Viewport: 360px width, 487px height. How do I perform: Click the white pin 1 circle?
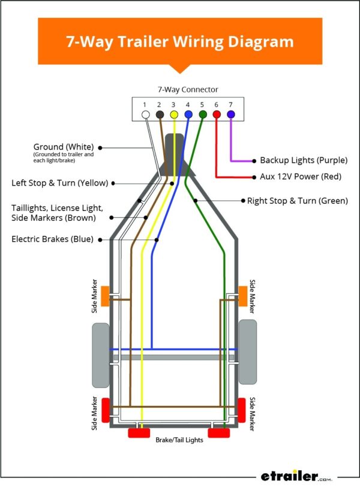145,114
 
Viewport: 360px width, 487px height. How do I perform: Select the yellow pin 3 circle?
173,114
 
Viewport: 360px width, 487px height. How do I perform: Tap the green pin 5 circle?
202,114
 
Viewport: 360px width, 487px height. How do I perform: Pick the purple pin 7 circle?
231,114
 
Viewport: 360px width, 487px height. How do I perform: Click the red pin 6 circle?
217,114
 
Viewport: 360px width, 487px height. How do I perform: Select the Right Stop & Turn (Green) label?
298,201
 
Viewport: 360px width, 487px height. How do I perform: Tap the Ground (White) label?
65,147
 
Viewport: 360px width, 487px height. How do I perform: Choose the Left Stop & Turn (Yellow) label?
60,183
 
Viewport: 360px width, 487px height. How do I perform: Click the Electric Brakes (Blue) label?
52,239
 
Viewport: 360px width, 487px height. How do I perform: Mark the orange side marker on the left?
104,295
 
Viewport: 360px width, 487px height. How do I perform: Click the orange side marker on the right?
243,295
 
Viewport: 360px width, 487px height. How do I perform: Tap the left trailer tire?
100,355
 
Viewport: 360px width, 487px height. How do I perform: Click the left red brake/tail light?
140,433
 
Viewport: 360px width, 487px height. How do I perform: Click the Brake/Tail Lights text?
179,440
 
